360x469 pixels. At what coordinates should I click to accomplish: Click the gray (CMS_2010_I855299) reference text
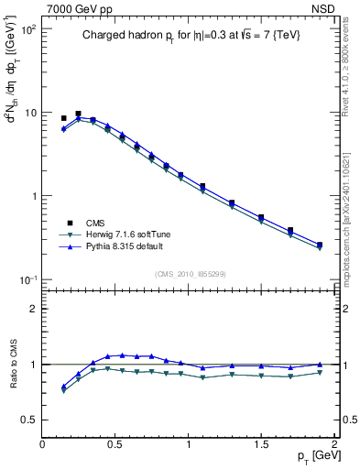point(190,273)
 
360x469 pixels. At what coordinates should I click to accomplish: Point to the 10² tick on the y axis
point(27,29)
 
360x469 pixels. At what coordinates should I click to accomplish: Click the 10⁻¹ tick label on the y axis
point(27,279)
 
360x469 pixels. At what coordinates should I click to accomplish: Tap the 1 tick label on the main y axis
point(32,196)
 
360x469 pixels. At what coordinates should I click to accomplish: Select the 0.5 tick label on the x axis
point(115,443)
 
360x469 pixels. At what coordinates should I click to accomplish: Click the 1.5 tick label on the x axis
point(261,443)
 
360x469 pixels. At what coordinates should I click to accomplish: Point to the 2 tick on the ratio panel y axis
point(33,309)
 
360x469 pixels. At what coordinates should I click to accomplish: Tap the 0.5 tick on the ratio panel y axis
point(28,420)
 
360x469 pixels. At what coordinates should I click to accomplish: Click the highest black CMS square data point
point(78,114)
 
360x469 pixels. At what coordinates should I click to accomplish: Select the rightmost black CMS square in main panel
point(319,245)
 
